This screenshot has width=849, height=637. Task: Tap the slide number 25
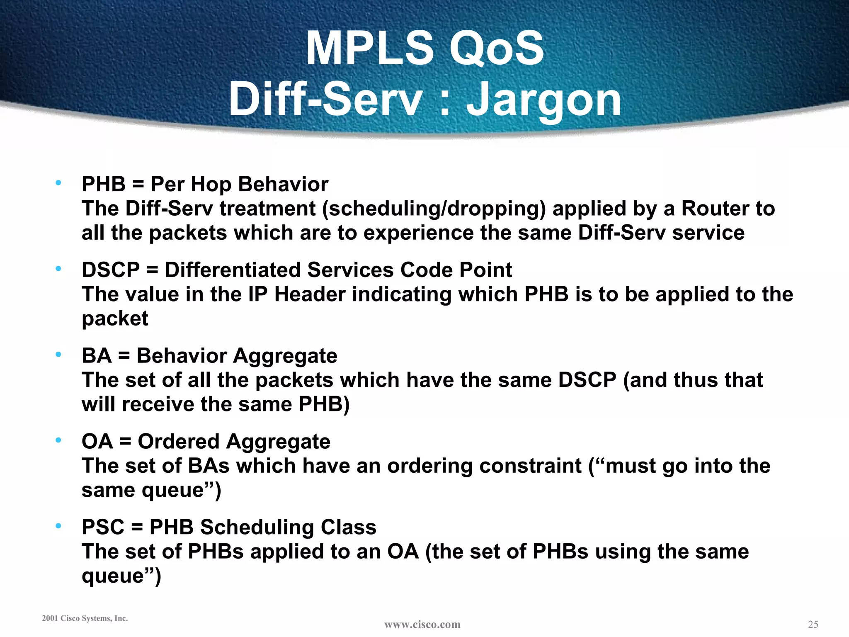[x=813, y=624]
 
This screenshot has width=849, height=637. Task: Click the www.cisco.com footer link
[x=422, y=625]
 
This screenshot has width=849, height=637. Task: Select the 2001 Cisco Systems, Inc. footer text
[x=85, y=618]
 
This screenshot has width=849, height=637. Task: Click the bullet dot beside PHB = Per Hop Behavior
[x=58, y=182]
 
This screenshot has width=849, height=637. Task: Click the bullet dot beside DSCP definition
[x=58, y=268]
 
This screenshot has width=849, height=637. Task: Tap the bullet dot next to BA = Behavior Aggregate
[x=58, y=354]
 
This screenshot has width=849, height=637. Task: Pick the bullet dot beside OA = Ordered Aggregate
[x=58, y=440]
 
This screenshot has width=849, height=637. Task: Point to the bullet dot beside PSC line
[x=58, y=526]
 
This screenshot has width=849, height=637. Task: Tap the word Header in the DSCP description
[x=310, y=294]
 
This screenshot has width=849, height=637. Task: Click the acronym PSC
[x=103, y=528]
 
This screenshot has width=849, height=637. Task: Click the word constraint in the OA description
[x=530, y=466]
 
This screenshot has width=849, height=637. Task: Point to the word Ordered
[x=178, y=442]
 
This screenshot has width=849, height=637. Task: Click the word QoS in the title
[x=497, y=49]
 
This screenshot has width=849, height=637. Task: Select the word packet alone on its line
[x=115, y=319]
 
